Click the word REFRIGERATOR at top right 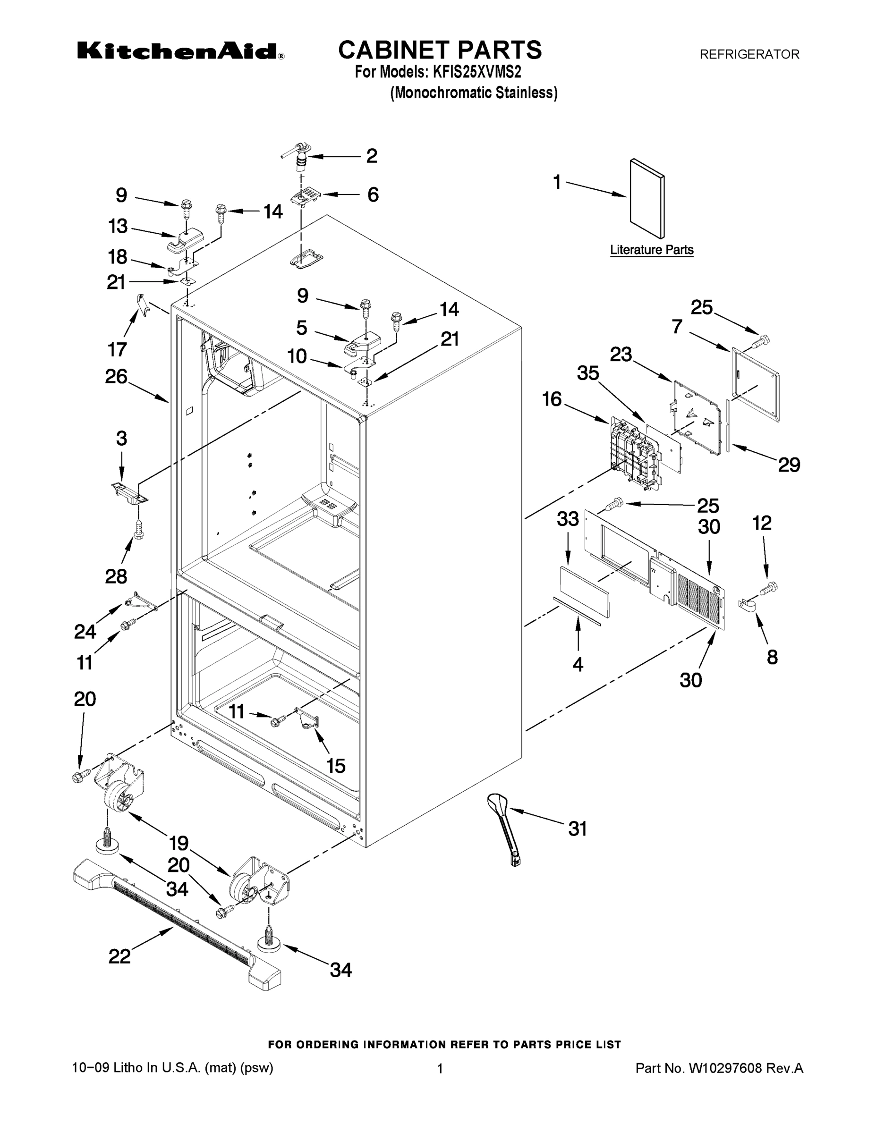coord(749,54)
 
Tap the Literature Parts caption coord(651,250)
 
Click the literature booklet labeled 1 coord(646,199)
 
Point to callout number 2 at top coord(372,156)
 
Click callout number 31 coord(577,829)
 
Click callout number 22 coord(119,956)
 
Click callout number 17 coord(117,349)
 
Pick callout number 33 coord(567,518)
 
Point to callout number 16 coord(552,399)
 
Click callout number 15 coord(336,766)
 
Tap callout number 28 coord(116,576)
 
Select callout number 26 coord(116,376)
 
